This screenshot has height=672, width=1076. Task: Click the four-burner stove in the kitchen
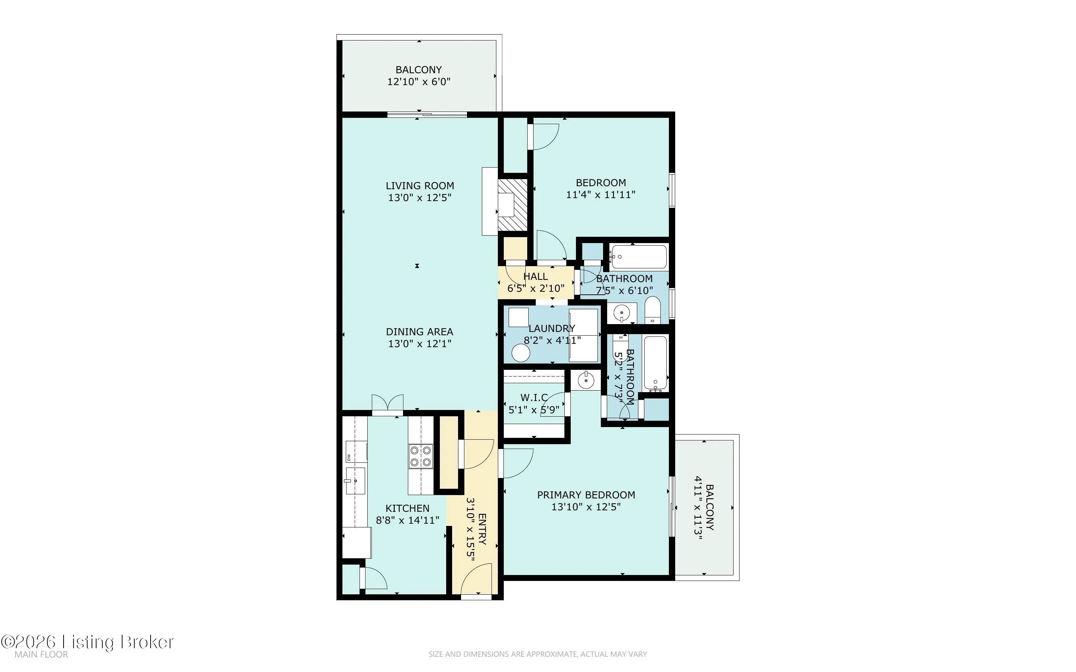421,456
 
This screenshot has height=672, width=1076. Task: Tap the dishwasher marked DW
357,452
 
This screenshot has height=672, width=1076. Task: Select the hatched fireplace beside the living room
512,205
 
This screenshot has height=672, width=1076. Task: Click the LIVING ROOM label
419,186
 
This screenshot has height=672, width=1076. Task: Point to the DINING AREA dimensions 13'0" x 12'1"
419,343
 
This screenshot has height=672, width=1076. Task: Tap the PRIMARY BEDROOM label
586,495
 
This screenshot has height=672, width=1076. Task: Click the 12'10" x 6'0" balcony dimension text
419,82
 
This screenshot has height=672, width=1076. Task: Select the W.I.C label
534,397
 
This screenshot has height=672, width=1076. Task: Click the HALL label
535,277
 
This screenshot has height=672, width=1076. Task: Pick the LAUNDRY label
551,329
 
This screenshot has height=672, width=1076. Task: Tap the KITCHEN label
407,508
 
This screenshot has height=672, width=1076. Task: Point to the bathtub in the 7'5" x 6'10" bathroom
638,257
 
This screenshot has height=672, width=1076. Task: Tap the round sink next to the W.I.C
586,381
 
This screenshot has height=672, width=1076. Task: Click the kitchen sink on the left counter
355,481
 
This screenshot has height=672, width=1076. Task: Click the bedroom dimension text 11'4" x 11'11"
600,195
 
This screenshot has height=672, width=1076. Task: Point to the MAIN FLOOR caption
41,655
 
